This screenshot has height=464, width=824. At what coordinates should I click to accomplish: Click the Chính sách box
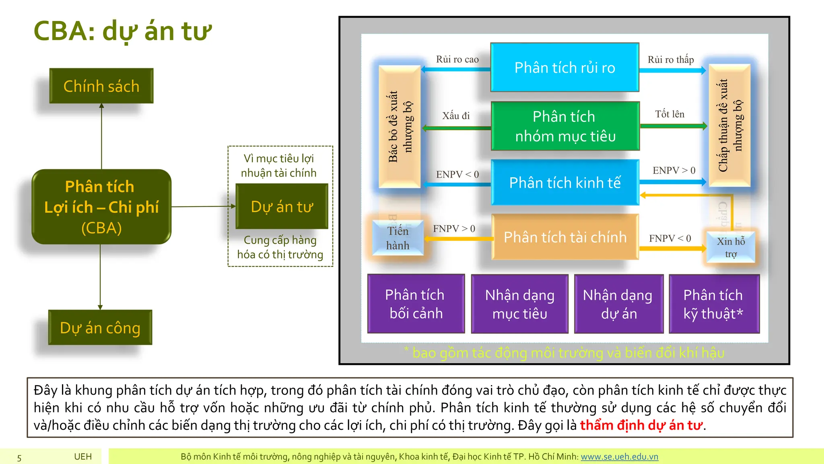[x=101, y=86]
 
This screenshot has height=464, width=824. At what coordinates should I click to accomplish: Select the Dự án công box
[x=100, y=327]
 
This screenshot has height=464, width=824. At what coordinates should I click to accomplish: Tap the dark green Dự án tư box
[x=282, y=207]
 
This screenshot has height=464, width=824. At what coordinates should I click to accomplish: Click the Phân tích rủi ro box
[x=564, y=68]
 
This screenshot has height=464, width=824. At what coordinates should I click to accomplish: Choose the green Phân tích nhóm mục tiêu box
[x=565, y=126]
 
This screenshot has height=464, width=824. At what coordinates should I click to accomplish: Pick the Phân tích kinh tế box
[x=565, y=182]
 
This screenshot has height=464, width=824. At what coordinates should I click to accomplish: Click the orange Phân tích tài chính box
[x=565, y=237]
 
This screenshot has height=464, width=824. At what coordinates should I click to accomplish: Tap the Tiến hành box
[x=398, y=238]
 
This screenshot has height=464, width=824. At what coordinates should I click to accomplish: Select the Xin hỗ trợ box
[x=731, y=247]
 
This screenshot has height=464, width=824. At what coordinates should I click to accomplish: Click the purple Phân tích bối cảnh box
[x=416, y=304]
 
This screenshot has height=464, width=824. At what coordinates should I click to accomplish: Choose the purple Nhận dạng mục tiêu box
[x=519, y=304]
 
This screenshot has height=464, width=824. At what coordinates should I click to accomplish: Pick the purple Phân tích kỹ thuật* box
[x=714, y=304]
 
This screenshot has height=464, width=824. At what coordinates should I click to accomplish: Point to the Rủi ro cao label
[x=457, y=60]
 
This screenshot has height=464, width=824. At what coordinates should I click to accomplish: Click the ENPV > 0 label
[x=674, y=170]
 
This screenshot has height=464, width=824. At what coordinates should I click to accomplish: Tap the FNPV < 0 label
[x=670, y=238]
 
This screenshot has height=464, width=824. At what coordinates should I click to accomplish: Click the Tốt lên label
[x=669, y=114]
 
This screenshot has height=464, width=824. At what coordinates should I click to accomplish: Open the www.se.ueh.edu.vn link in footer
[x=619, y=457]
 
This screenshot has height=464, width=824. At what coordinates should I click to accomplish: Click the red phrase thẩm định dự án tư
[x=641, y=425]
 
